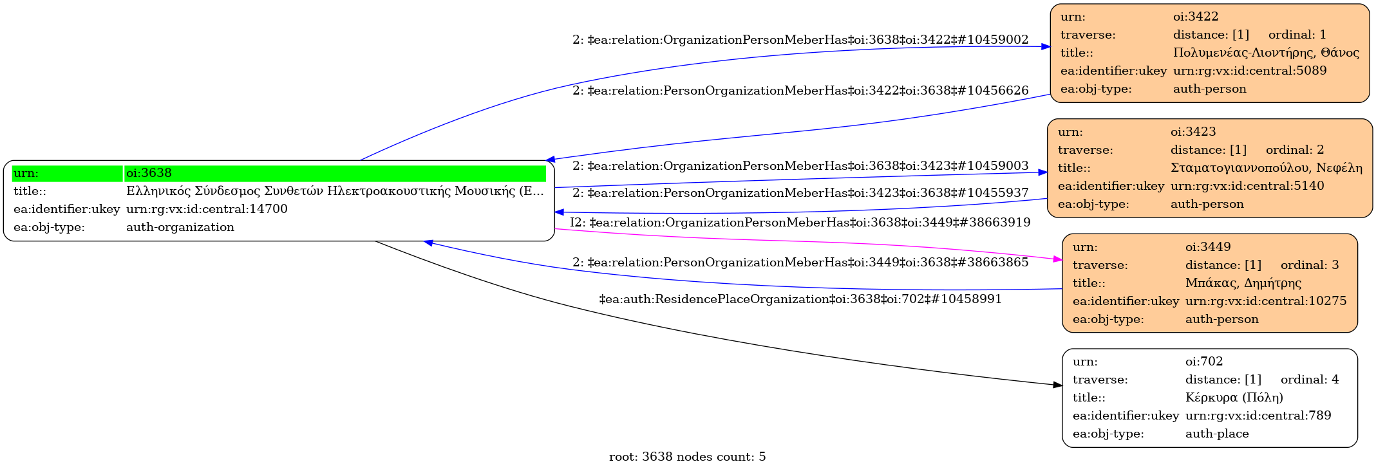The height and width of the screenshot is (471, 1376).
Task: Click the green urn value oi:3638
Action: [x=149, y=173]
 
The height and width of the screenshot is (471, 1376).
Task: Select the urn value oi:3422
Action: [x=1196, y=17]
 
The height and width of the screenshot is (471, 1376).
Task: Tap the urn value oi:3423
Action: [x=1193, y=132]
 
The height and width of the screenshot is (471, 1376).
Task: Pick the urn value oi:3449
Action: [x=1208, y=247]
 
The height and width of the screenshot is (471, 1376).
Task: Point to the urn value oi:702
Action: [x=1204, y=362]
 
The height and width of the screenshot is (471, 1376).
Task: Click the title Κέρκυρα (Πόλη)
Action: [x=1234, y=398]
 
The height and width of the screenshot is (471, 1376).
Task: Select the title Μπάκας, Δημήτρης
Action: [x=1243, y=283]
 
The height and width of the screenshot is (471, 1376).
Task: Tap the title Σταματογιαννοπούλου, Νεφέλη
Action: [x=1266, y=168]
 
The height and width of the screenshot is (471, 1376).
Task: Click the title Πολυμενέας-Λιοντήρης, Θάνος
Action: [x=1266, y=53]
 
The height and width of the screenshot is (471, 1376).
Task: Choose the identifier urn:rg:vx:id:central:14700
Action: [x=207, y=209]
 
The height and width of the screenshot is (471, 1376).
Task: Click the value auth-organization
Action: [x=180, y=227]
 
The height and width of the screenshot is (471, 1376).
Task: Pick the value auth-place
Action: [x=1217, y=434]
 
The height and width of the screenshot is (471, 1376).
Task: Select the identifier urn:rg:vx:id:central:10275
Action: [x=1265, y=301]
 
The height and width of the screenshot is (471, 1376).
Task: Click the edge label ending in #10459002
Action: [x=800, y=40]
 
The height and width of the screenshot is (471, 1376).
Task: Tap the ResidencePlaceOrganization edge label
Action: [x=800, y=299]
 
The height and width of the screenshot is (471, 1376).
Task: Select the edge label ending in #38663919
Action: [x=800, y=223]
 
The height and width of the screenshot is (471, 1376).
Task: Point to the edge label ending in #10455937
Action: [x=800, y=193]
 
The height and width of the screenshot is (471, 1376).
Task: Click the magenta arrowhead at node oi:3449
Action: [x=1057, y=259]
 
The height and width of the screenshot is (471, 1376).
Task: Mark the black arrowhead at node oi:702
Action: [x=1057, y=385]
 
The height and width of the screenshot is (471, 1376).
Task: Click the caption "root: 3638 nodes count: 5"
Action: [x=687, y=457]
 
